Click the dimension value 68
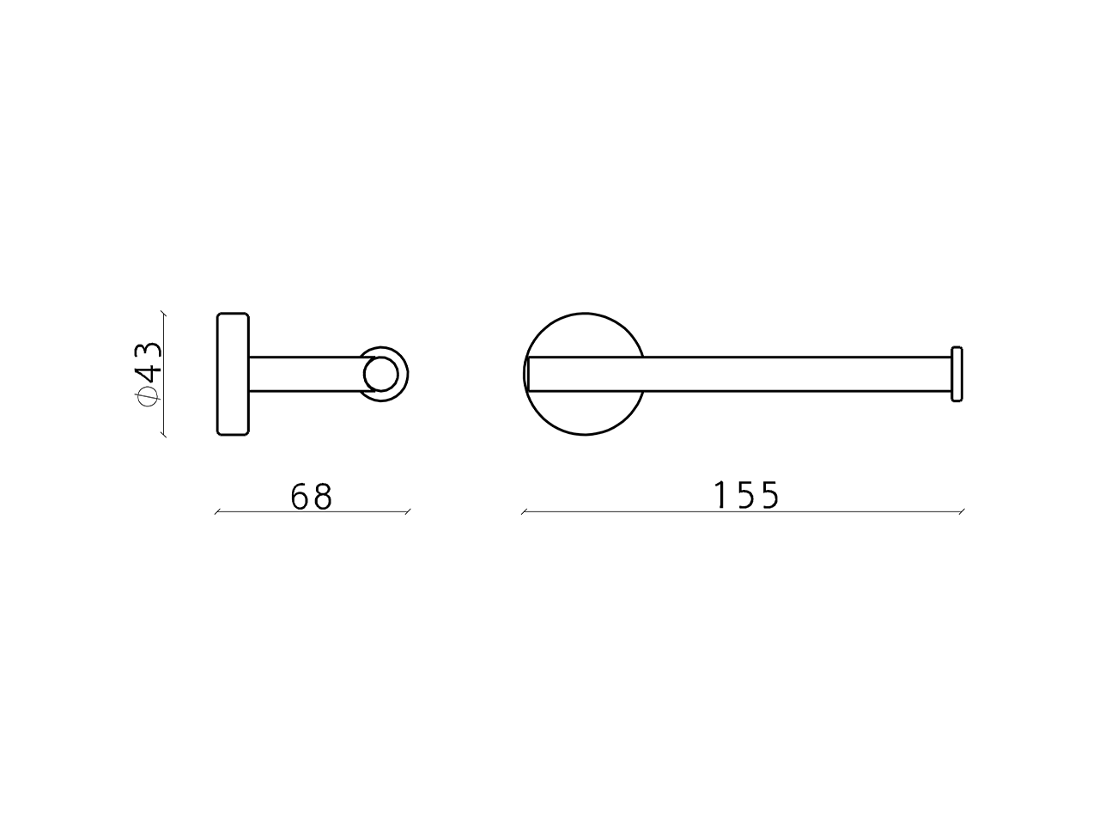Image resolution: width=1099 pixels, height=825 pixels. pos(312,496)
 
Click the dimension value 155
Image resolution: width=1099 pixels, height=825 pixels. pos(746,495)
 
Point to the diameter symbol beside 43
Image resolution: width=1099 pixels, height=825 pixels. pos(149,396)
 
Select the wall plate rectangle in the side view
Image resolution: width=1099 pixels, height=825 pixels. pos(233,374)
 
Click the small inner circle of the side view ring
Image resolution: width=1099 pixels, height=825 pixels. pos(381,374)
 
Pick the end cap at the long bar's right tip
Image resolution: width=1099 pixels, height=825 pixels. pos(956,374)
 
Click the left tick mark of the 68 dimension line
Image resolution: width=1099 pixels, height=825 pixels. pos(217,512)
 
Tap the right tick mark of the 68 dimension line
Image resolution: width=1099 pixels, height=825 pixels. pos(408,512)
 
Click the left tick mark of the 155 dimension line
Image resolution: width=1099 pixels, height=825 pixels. pos(525,512)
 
